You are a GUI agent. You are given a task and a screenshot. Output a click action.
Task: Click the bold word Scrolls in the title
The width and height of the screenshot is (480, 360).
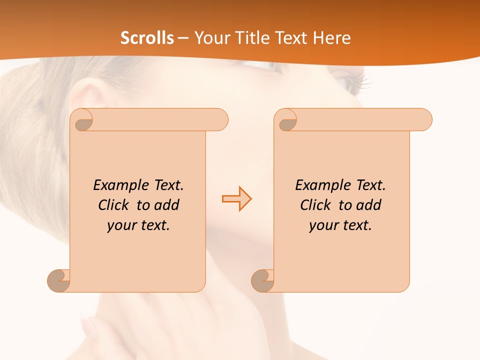[x=147, y=38]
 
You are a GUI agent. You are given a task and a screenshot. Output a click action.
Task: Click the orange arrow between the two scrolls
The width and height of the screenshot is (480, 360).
[x=237, y=199]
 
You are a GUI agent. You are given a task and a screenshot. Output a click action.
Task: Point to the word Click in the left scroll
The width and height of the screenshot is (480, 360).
[x=115, y=205]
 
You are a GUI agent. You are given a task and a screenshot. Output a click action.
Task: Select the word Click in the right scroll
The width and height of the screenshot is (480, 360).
[x=317, y=205]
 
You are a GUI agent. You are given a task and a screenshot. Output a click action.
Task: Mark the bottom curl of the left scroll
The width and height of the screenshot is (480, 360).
[x=58, y=280]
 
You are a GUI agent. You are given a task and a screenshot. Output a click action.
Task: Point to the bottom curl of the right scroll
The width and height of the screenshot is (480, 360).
[x=262, y=280]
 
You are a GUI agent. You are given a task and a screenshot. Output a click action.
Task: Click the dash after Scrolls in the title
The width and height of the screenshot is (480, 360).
[x=183, y=38]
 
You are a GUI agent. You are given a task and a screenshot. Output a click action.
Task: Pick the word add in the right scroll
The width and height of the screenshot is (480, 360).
[x=368, y=205]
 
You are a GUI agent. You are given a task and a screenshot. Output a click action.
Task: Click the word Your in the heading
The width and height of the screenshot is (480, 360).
[x=211, y=38]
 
